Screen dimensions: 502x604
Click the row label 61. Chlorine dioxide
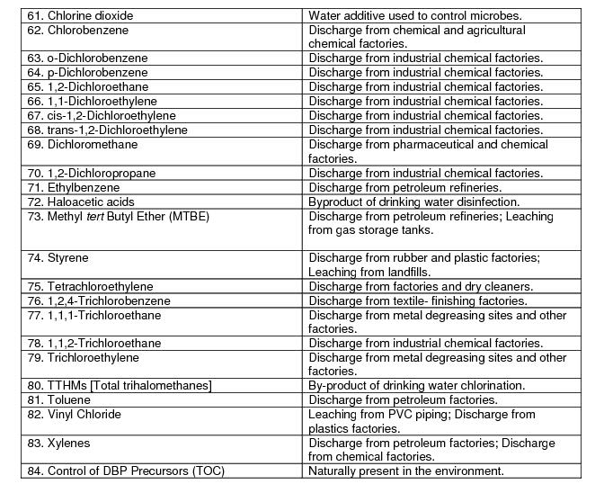[x=80, y=15]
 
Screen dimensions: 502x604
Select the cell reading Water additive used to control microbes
[x=427, y=15]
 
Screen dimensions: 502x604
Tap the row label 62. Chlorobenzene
[x=77, y=30]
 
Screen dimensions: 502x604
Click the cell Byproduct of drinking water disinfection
[x=426, y=202]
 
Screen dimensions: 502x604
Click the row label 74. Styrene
[x=58, y=257]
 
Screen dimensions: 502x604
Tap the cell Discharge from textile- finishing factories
[x=430, y=300]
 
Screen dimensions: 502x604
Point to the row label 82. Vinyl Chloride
[x=75, y=414]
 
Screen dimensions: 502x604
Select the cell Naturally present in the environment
[x=405, y=471]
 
